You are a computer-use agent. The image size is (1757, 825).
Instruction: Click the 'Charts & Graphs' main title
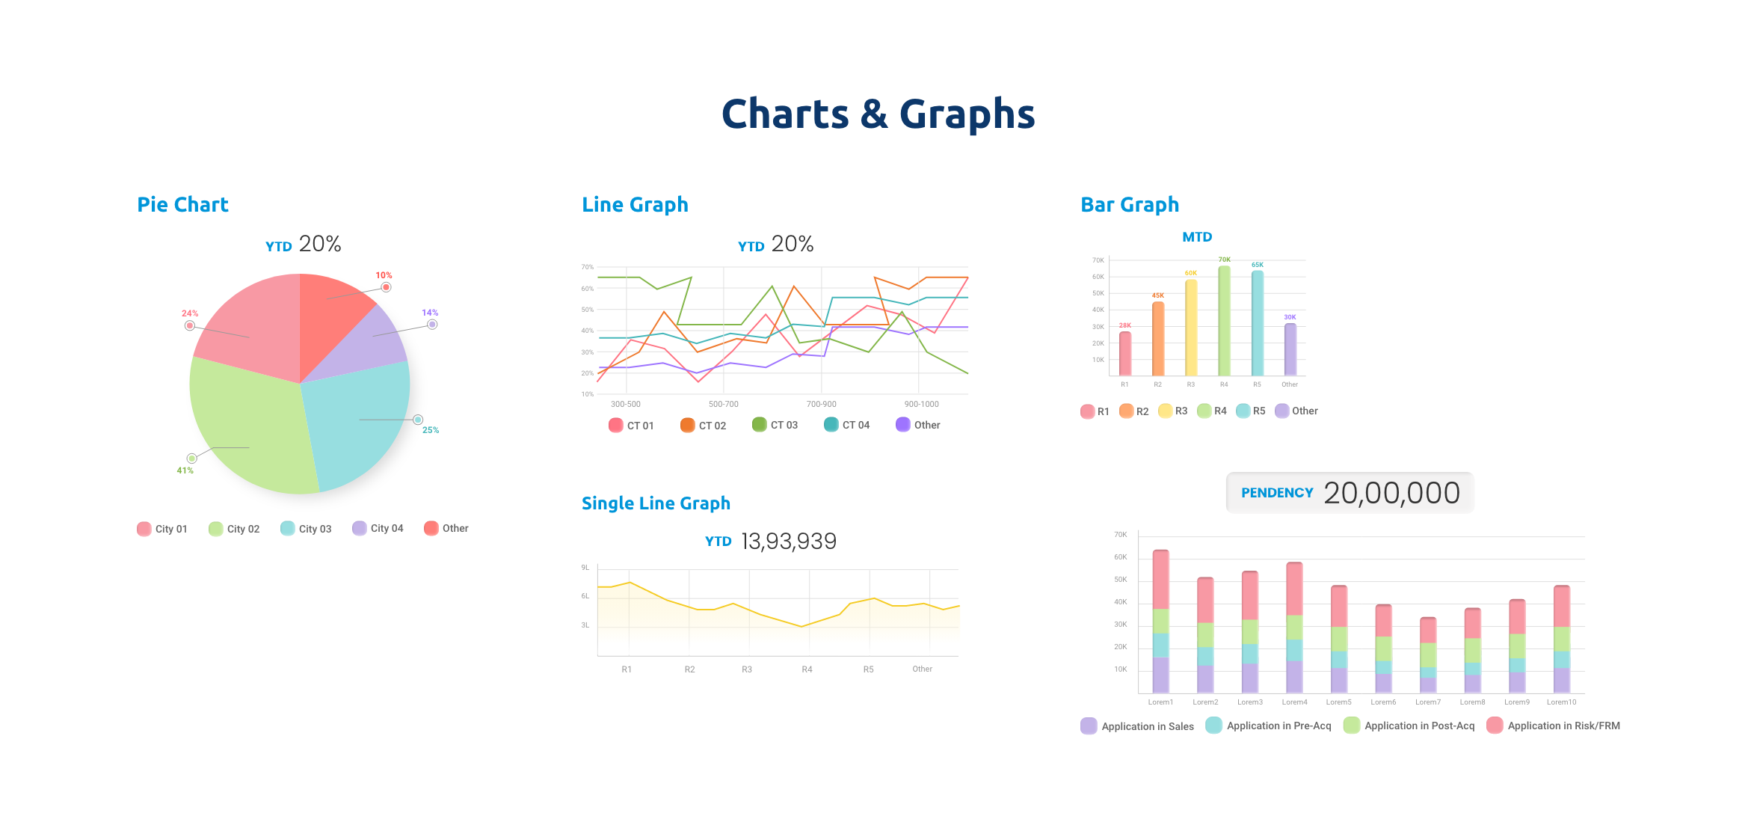point(878,114)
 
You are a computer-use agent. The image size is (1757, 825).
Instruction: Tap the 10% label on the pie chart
point(384,275)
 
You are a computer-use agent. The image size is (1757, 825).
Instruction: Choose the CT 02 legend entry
point(704,426)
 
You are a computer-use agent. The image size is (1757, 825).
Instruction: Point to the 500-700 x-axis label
point(723,404)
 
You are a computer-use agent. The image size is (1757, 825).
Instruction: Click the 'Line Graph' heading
point(635,204)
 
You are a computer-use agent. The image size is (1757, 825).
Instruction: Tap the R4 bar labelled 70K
point(1224,322)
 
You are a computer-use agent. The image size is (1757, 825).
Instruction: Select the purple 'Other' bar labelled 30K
point(1290,349)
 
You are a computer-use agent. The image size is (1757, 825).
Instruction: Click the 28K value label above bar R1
point(1124,325)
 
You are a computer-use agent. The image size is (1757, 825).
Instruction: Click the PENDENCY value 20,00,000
point(1391,493)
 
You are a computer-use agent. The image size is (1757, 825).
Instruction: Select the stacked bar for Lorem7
point(1427,655)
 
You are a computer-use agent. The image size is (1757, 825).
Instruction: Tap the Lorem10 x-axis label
point(1561,702)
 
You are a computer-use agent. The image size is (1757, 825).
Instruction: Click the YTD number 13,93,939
point(789,541)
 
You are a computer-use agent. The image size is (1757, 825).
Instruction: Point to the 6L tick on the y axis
point(585,596)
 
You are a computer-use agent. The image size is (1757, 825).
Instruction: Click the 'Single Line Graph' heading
point(656,503)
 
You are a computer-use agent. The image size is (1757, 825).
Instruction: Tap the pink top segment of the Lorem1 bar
point(1160,580)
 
